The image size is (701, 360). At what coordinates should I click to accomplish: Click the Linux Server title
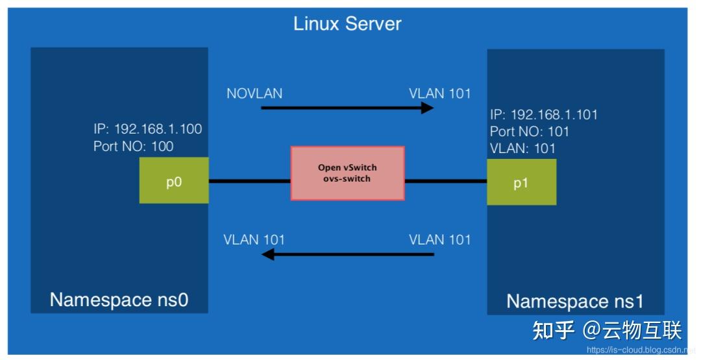point(347,24)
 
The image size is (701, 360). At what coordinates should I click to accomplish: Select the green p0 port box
point(174,180)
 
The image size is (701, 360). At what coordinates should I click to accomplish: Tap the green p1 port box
point(521,182)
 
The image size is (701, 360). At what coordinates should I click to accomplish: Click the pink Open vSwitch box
point(347,173)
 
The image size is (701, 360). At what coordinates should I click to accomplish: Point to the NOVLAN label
point(254,93)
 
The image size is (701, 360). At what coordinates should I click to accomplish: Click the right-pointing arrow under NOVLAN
point(347,107)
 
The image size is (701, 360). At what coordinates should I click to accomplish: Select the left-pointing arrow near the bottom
point(347,254)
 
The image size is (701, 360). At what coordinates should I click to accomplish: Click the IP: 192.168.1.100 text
point(147,128)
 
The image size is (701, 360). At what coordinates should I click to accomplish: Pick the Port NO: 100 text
point(133,146)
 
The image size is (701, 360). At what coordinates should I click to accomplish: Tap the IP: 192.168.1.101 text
point(544,115)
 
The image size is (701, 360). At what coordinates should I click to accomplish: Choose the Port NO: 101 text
point(530,132)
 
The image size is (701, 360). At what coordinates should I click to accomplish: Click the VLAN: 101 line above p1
point(523,149)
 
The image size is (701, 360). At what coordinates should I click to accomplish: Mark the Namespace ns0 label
point(119,299)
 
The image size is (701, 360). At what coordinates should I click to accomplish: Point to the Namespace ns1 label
point(575,301)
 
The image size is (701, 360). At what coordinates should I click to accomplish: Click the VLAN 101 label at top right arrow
point(439,93)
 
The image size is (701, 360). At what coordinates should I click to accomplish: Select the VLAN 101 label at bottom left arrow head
point(254,239)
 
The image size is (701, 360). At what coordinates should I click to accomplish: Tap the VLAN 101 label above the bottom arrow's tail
point(439,239)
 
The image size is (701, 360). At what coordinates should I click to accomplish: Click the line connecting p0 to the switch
point(249,181)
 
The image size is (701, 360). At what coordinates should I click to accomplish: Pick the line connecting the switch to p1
point(446,181)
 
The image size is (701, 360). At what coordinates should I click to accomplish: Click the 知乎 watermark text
point(553,330)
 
